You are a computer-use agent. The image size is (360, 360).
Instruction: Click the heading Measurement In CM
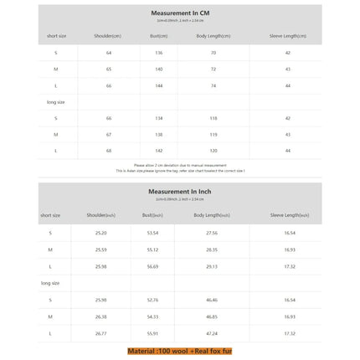(x=178, y=14)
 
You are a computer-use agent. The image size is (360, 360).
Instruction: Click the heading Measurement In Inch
(x=178, y=192)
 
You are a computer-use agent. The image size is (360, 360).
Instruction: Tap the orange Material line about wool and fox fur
(x=179, y=352)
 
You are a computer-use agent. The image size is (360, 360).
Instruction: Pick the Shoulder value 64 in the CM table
(x=109, y=52)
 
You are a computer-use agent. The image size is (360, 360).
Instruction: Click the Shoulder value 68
(x=109, y=150)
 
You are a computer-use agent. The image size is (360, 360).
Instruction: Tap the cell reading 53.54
(x=153, y=232)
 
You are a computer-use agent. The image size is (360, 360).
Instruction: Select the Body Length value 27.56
(x=211, y=232)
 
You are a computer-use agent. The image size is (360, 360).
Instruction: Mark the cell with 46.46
(x=211, y=299)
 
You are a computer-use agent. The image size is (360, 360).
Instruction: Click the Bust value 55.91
(x=153, y=332)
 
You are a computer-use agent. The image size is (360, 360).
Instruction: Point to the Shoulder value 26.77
(x=100, y=332)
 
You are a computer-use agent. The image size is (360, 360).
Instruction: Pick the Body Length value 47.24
(x=211, y=332)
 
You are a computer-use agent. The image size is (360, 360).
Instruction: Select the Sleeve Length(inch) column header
(x=289, y=215)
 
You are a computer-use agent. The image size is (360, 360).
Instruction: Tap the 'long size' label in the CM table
(x=56, y=101)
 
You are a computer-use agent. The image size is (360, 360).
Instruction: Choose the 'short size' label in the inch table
(x=50, y=215)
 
